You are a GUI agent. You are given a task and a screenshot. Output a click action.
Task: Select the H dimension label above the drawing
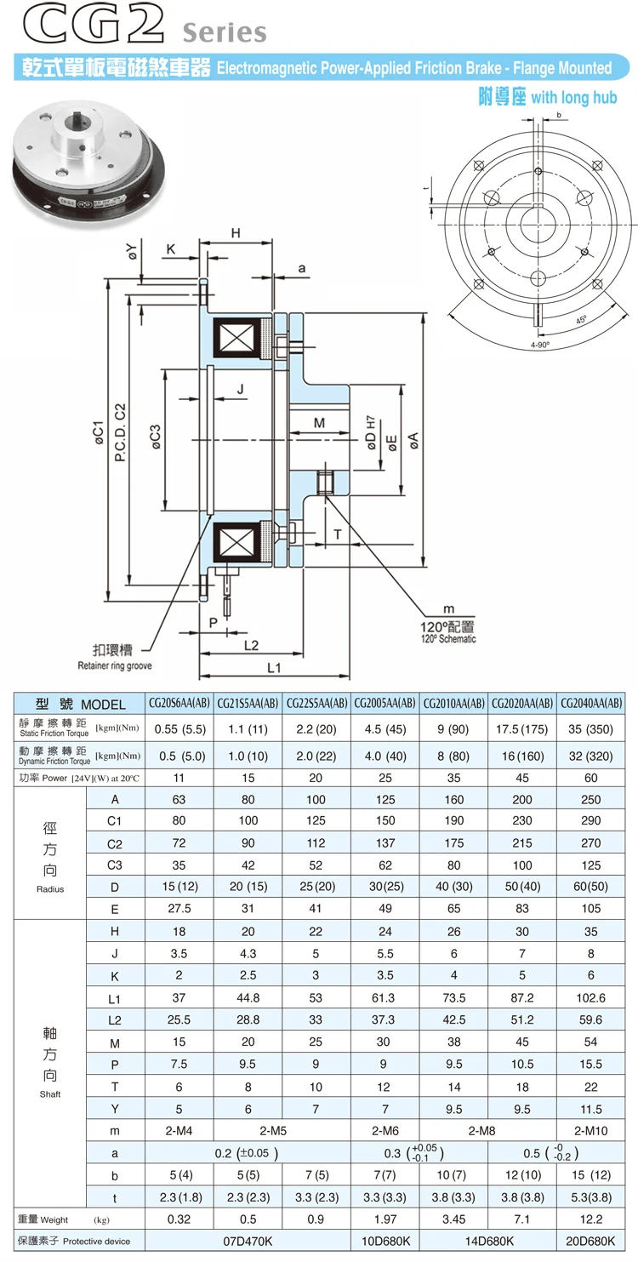(x=236, y=233)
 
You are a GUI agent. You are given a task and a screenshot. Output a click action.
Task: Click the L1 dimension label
(x=273, y=668)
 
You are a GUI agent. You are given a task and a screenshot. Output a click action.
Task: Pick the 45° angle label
(x=581, y=321)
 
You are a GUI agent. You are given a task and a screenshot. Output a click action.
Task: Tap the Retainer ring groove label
(x=115, y=665)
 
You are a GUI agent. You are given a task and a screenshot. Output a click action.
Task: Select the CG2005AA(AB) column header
(x=385, y=704)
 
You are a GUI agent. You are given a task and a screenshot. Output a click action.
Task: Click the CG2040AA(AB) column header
(x=591, y=704)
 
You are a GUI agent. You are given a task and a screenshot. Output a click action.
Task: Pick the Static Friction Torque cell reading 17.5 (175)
(x=521, y=728)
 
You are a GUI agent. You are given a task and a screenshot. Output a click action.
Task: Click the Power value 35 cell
(x=453, y=777)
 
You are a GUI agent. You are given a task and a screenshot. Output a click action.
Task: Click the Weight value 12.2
(x=591, y=1219)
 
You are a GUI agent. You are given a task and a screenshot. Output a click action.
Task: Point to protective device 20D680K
(x=591, y=1242)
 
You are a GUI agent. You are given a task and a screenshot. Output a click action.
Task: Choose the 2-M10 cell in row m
(x=591, y=1131)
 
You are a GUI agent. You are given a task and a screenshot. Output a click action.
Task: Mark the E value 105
(x=591, y=910)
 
